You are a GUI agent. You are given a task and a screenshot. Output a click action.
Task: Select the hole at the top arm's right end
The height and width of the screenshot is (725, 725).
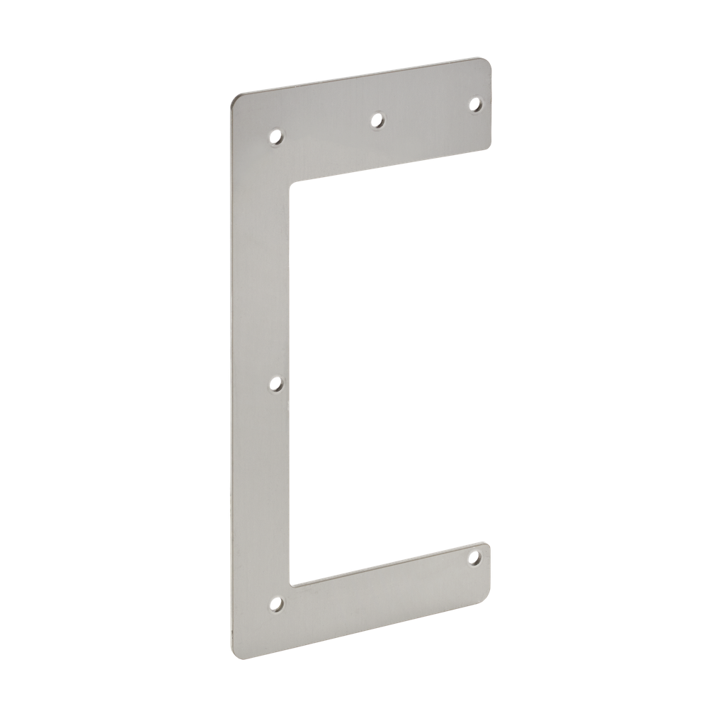[475, 105]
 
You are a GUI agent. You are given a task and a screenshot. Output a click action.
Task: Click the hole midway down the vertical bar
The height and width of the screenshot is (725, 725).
[277, 384]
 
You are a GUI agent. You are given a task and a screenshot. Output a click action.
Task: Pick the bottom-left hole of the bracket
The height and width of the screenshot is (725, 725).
[276, 604]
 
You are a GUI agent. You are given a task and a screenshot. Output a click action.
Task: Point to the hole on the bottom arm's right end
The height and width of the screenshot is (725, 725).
[474, 558]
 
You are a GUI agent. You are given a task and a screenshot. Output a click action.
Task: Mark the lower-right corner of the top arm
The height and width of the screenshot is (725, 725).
[489, 148]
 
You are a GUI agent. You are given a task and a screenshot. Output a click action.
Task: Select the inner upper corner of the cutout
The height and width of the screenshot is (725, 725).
[291, 183]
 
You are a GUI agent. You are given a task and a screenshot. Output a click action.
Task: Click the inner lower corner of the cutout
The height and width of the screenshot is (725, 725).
[292, 585]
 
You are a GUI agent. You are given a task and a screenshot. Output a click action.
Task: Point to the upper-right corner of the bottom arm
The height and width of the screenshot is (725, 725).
[485, 544]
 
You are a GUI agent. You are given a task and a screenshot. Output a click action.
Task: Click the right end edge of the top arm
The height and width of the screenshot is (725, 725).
[491, 106]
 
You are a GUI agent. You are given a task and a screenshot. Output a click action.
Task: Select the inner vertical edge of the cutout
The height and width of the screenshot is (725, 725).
[291, 382]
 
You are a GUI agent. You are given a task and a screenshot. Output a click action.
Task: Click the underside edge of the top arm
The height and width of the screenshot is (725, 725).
[389, 166]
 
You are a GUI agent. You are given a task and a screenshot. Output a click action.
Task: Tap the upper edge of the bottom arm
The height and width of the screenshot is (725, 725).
[389, 565]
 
